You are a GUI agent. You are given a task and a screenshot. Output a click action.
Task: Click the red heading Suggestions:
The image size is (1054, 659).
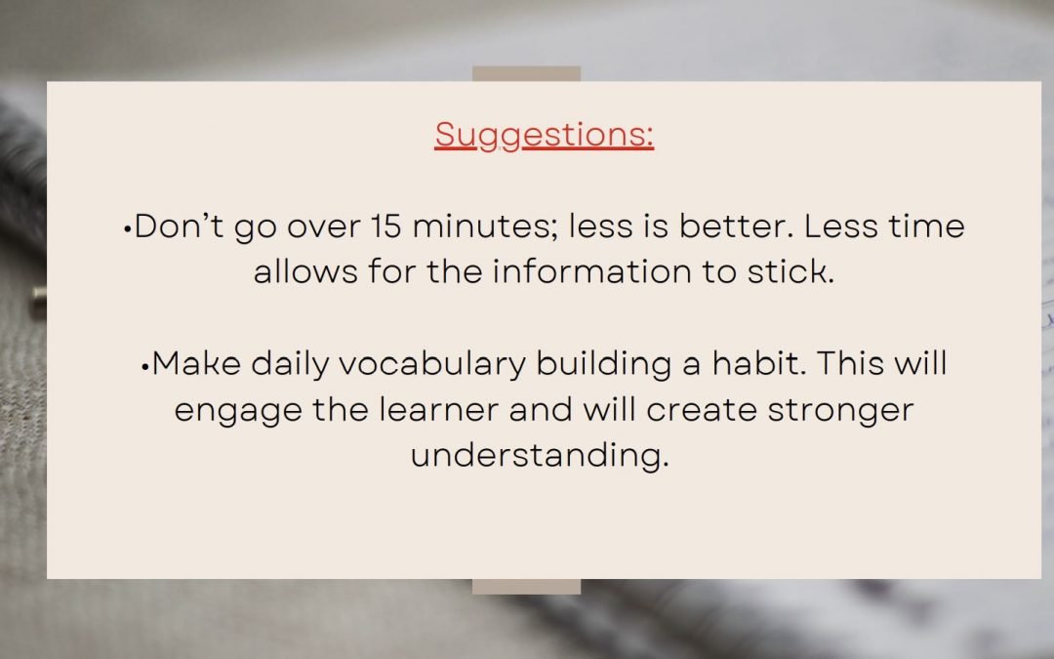[544, 135]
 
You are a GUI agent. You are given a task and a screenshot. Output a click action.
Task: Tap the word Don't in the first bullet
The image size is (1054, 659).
[179, 226]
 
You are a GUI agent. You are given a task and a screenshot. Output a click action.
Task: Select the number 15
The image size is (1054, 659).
[385, 227]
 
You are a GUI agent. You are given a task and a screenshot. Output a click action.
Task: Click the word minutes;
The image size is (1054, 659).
[485, 227]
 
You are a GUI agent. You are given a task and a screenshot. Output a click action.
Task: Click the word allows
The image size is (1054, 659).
[305, 271]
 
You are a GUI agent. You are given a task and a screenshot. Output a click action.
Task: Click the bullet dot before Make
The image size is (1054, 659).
[145, 367]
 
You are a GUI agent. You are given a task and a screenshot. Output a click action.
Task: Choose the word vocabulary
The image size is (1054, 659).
[432, 364]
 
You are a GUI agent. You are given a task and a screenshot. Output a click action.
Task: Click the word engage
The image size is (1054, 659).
[238, 411]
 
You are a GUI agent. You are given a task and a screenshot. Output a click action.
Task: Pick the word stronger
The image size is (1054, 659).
[840, 411]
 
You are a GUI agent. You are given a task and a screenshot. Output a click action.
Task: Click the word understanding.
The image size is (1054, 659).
[540, 455]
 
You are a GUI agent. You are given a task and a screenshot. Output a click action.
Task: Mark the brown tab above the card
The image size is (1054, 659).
[526, 73]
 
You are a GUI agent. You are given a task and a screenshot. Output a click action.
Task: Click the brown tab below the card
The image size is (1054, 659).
[526, 587]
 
